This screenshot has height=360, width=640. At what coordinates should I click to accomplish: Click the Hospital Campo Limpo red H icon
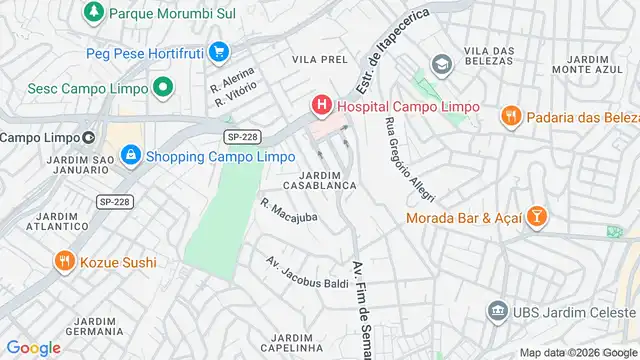(x=322, y=105)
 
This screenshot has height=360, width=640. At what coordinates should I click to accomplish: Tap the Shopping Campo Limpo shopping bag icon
(x=130, y=156)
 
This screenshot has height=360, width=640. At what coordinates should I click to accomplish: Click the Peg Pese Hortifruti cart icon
(x=219, y=51)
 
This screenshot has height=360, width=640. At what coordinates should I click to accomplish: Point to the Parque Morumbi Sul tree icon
(x=93, y=13)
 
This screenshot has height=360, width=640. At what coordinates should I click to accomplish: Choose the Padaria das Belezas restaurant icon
(x=510, y=115)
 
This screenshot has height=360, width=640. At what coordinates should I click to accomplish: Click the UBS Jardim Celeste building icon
(x=497, y=313)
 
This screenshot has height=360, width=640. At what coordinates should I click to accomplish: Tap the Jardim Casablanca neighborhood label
(x=320, y=180)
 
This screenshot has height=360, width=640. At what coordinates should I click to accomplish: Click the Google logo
(x=33, y=348)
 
